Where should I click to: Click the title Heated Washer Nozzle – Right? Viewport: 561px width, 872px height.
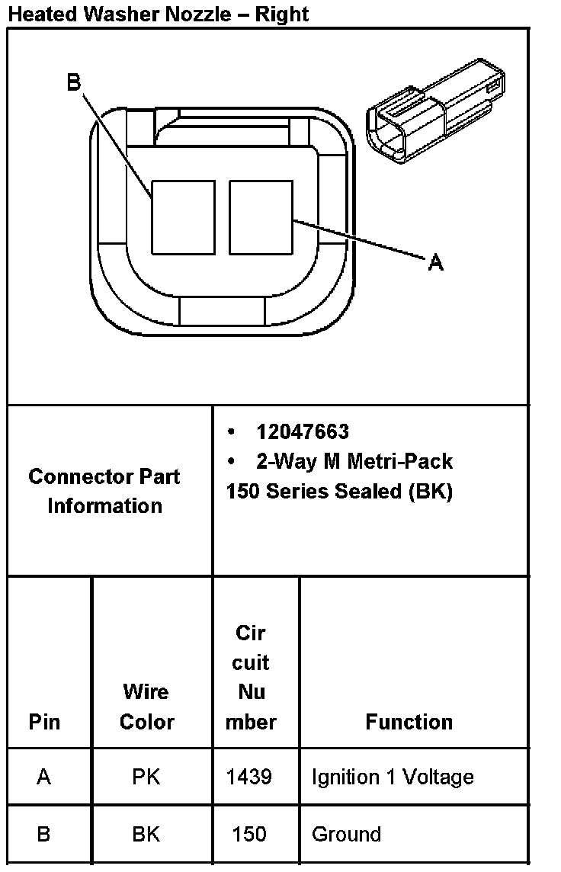point(159,14)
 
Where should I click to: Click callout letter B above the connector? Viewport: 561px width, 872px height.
point(74,82)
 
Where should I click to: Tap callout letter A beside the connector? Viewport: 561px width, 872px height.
point(435,263)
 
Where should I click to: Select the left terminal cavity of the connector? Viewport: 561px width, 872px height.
point(183,217)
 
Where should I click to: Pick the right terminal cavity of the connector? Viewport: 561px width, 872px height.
point(261,217)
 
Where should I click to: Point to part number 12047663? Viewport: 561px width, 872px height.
point(303,432)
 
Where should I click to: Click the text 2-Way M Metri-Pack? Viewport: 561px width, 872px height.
point(354,461)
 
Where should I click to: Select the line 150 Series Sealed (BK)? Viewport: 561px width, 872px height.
point(339,492)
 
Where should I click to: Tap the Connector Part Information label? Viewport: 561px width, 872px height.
point(104,491)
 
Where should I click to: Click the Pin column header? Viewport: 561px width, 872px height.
point(44,722)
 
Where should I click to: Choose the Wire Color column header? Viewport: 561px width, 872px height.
point(146,707)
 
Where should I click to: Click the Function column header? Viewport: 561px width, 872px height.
point(409,722)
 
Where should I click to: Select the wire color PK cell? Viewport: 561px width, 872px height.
point(146,777)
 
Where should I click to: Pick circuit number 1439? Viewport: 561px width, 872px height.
point(249,777)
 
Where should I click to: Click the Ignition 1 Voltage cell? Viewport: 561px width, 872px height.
point(393,777)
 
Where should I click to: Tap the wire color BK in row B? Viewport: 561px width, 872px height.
point(146,835)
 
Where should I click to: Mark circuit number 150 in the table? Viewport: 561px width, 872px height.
point(249,835)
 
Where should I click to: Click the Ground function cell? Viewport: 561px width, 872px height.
point(346,835)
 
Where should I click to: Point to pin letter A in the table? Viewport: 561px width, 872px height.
point(43,777)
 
